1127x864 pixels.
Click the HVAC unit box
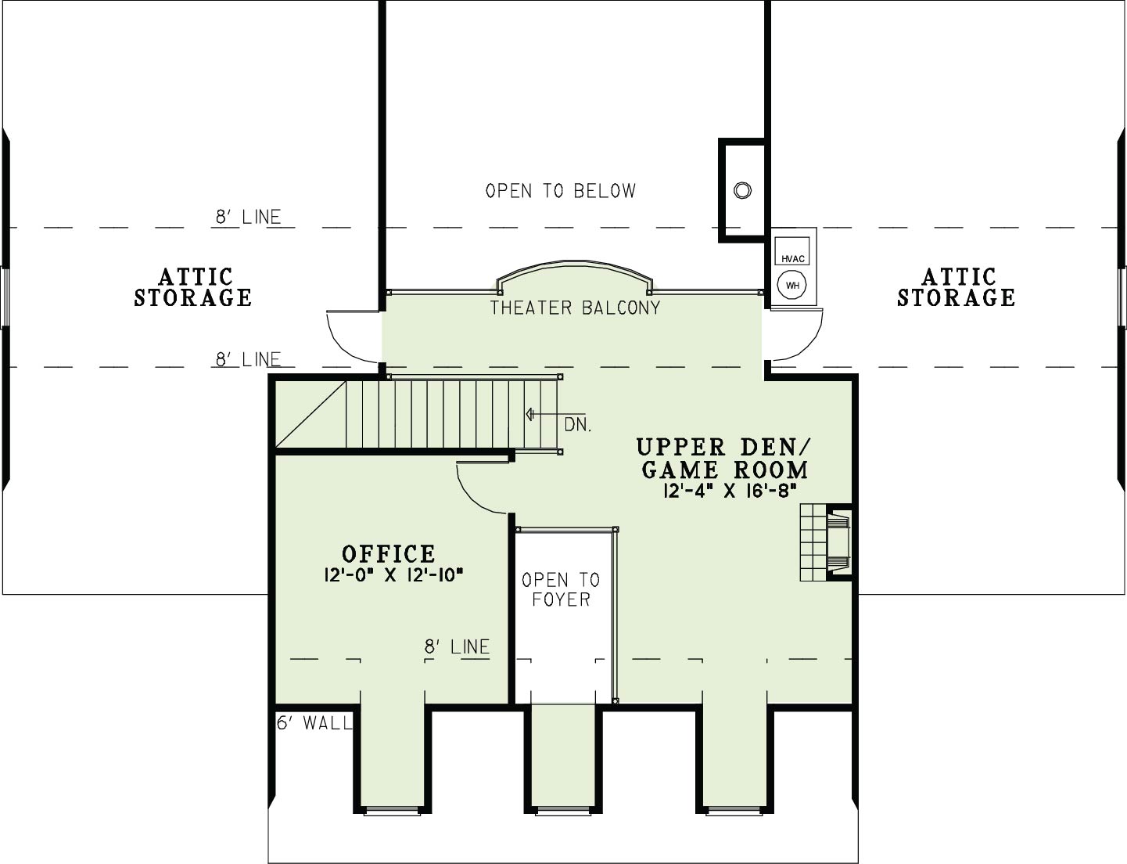click(x=792, y=251)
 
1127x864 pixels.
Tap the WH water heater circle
click(x=792, y=285)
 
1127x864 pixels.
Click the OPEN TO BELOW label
click(x=561, y=191)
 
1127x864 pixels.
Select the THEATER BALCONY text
click(x=575, y=308)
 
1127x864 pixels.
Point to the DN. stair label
click(x=578, y=426)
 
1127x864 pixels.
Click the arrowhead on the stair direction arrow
click(x=529, y=415)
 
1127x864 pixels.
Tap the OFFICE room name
click(x=389, y=554)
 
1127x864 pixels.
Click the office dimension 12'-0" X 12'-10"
click(x=393, y=575)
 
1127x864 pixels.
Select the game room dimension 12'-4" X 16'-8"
click(x=729, y=491)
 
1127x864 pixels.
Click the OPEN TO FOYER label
click(x=561, y=589)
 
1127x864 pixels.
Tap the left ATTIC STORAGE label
click(x=193, y=287)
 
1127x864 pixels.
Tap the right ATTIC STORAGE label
click(x=957, y=287)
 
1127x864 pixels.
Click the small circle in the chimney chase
click(x=742, y=190)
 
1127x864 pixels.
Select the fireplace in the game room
click(x=826, y=542)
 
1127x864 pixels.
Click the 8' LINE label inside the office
click(x=457, y=646)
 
